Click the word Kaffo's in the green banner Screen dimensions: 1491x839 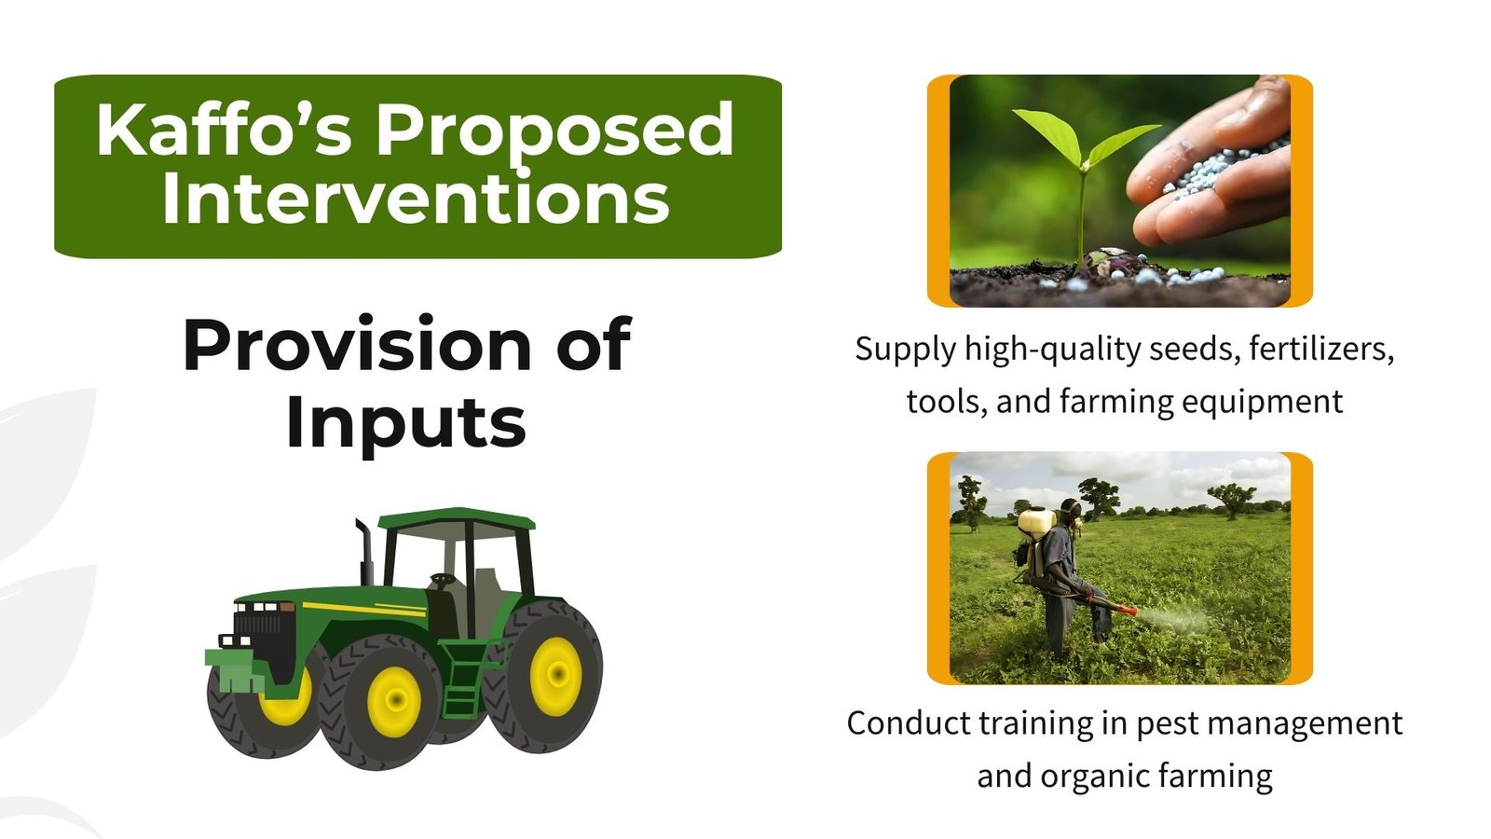[x=224, y=129]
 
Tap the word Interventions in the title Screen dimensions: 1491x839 [x=416, y=198]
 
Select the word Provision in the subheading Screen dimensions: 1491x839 [x=357, y=344]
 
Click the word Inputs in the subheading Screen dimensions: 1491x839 [x=406, y=422]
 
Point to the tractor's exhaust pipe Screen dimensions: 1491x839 [x=364, y=552]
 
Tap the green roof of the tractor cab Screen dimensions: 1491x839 [x=457, y=518]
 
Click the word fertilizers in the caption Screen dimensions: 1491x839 [x=1321, y=349]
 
